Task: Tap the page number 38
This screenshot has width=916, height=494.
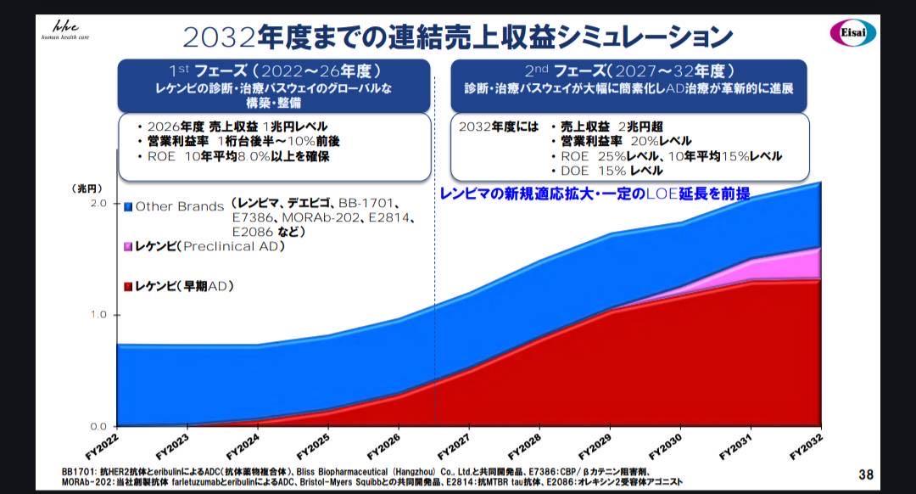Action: tap(865, 474)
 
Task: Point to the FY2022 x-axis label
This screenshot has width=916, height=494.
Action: tap(100, 445)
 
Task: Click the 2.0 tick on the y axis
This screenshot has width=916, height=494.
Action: tap(98, 204)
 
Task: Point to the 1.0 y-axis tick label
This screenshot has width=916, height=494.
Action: tap(98, 315)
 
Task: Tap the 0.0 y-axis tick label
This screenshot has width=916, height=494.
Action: tap(98, 426)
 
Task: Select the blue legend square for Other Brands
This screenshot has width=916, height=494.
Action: tap(128, 206)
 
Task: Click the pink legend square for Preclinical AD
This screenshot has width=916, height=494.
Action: tap(128, 246)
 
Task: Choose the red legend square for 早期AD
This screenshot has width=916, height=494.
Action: tap(128, 286)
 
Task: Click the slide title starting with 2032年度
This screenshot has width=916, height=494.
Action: tap(458, 36)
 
